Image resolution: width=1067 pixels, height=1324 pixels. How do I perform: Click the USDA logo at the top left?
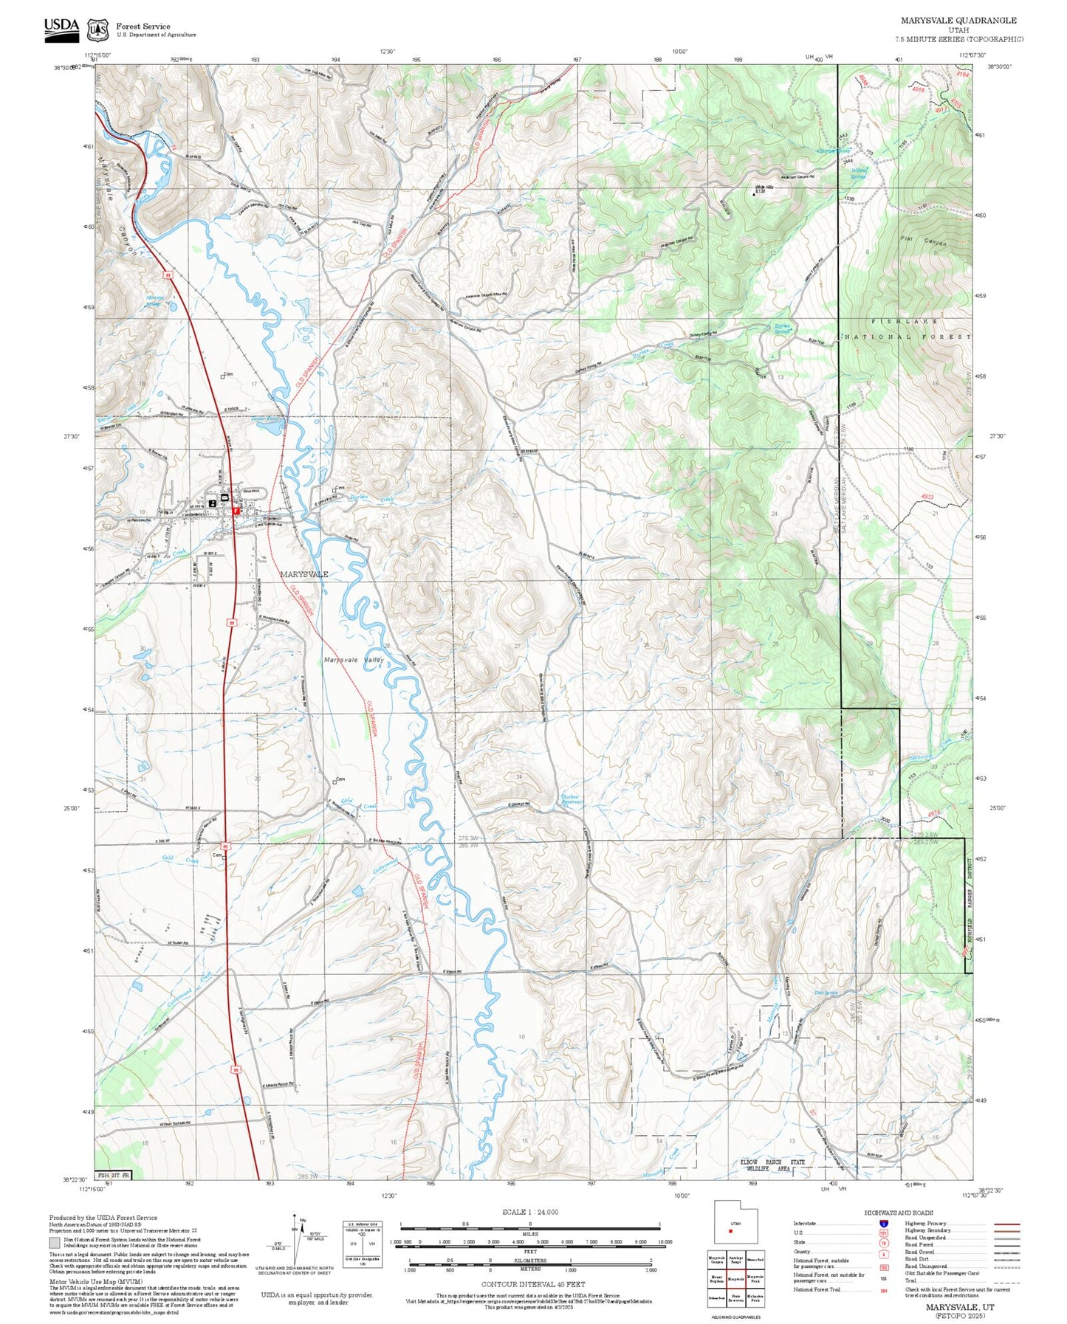coord(61,27)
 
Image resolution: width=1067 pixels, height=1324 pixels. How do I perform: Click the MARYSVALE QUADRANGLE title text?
coord(958,21)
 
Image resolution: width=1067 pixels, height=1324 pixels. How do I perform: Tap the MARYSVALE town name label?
coord(303,574)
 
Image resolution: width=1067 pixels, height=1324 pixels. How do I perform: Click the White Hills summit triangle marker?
coord(753,194)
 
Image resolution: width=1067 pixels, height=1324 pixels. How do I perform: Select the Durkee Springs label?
coord(783,328)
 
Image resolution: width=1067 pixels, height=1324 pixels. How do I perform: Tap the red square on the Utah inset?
coord(730,1231)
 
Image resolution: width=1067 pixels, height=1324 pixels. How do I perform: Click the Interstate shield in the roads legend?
coord(883,1223)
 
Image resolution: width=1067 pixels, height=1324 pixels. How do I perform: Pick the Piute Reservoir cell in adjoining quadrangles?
coord(735,1299)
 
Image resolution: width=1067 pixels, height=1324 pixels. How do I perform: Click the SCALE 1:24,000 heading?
coord(529,1212)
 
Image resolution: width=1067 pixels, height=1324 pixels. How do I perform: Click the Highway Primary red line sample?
coord(1006,1223)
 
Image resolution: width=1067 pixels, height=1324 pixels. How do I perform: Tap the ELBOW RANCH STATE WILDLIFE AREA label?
coord(772,1165)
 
